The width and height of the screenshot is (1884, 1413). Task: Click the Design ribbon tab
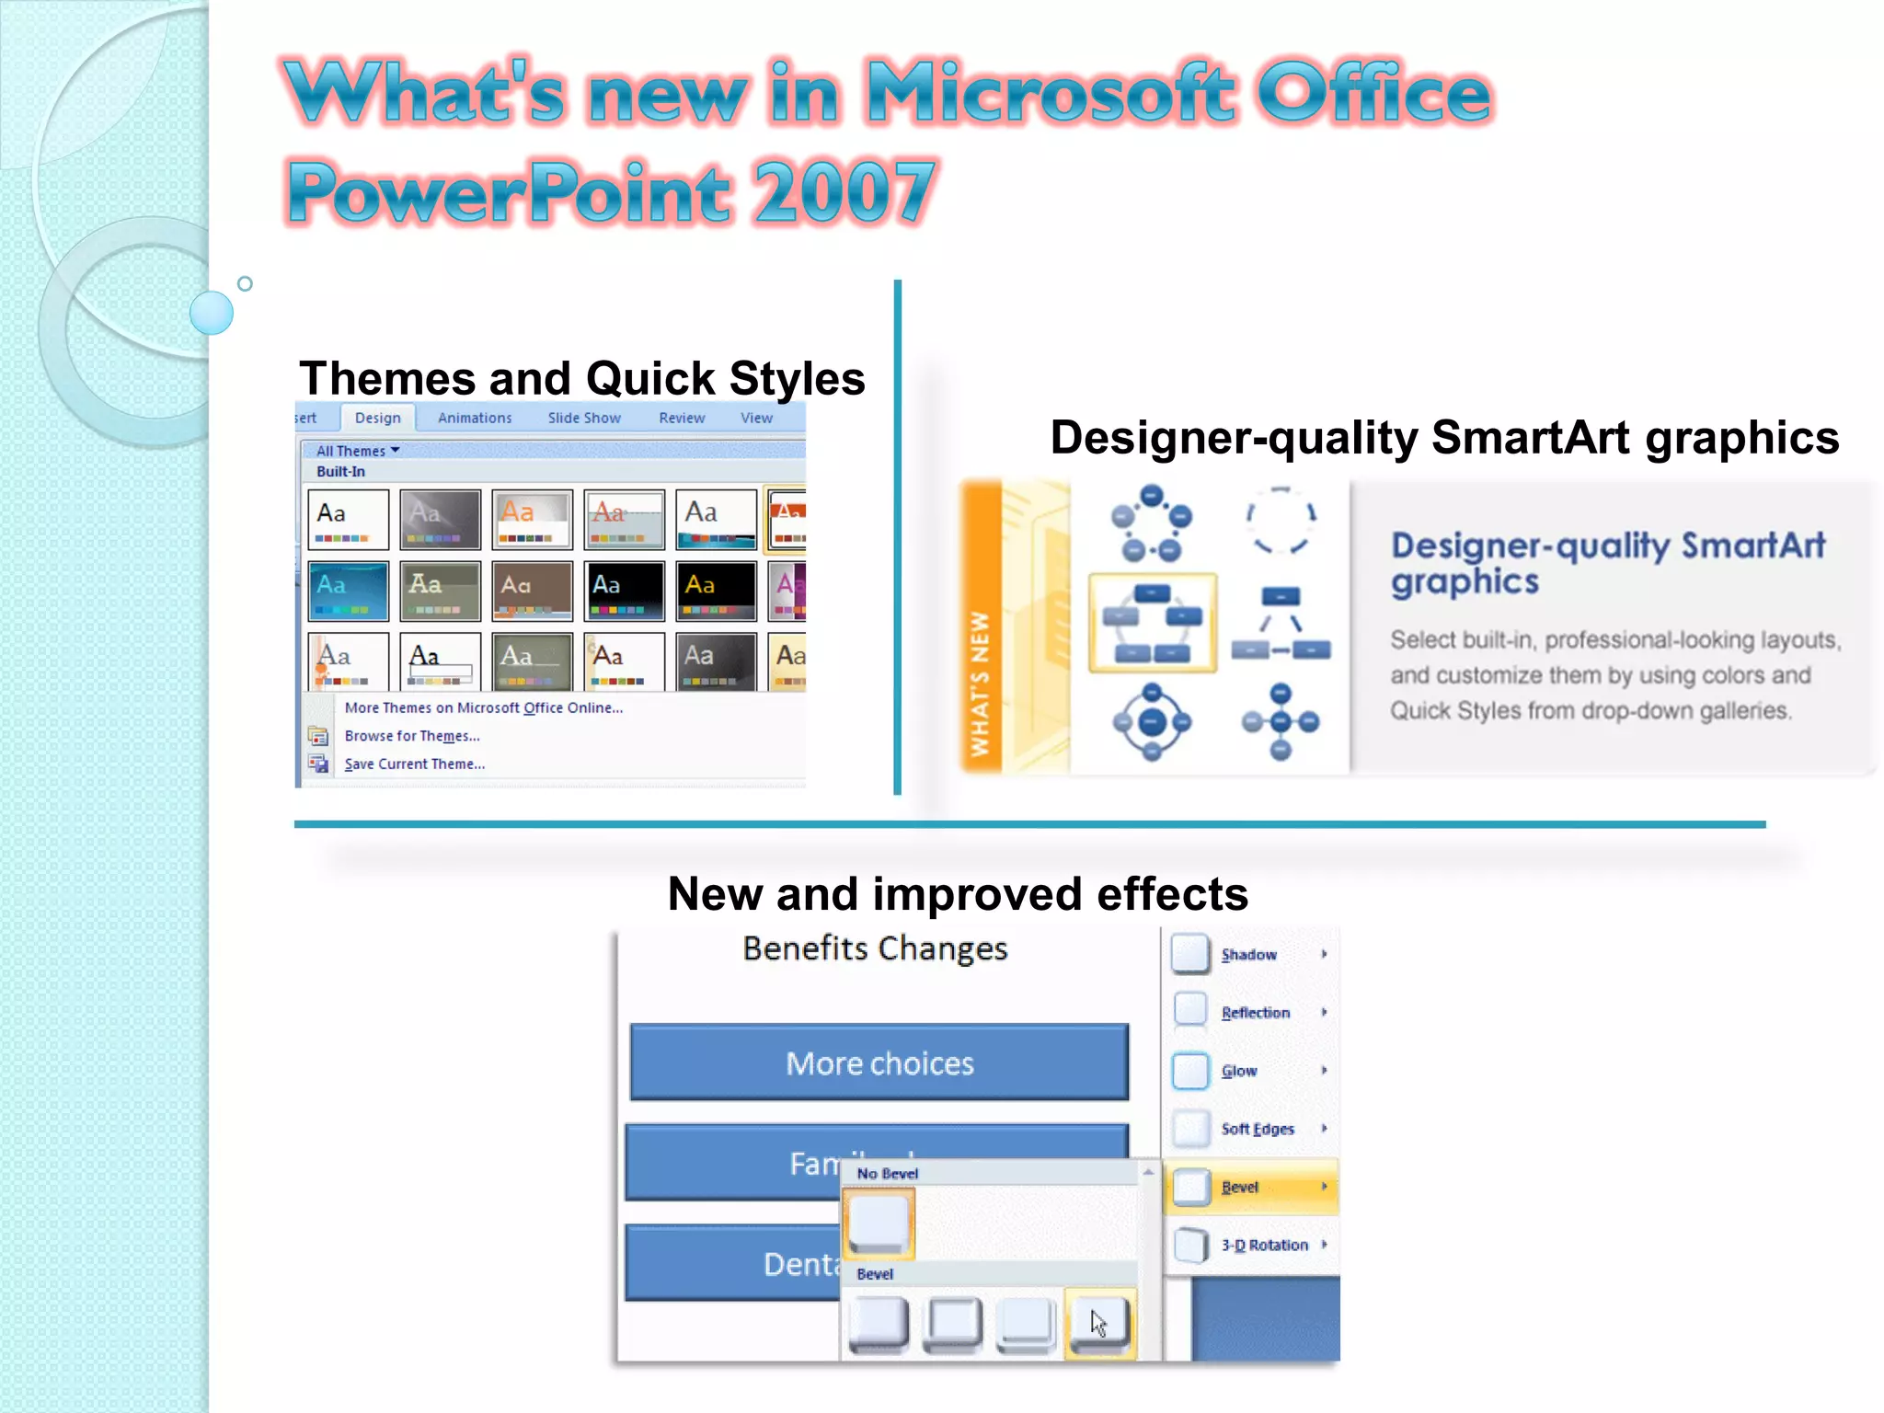[377, 418]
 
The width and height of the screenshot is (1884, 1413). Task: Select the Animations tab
[474, 418]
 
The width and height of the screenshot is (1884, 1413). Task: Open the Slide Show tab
[584, 418]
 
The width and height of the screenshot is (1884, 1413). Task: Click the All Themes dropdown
[357, 451]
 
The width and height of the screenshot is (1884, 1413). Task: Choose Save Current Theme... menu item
[414, 764]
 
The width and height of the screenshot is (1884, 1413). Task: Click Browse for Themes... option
[411, 736]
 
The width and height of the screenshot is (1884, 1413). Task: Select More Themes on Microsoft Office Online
[483, 707]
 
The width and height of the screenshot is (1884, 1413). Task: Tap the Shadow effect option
[1248, 955]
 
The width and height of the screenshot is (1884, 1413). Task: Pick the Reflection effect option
[1255, 1013]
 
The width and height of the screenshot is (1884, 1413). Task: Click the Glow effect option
[1238, 1071]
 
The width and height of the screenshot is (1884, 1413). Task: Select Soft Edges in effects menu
[1257, 1129]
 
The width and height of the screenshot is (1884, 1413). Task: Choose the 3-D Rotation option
[1263, 1245]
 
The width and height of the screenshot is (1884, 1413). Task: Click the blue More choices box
[879, 1063]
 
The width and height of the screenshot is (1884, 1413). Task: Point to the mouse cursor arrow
[1097, 1323]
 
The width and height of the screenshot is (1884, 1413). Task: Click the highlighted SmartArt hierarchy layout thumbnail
[1152, 623]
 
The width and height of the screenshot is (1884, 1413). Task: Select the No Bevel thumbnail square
[879, 1223]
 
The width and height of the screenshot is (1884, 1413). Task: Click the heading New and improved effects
[957, 893]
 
